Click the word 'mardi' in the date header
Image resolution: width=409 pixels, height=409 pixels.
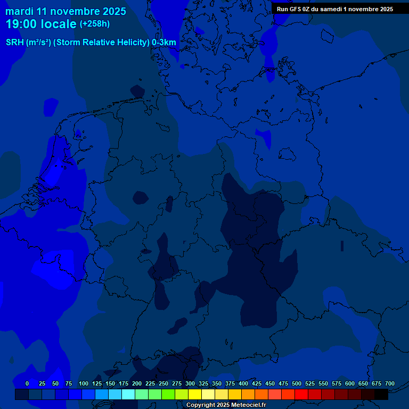pyautogui.click(x=19, y=11)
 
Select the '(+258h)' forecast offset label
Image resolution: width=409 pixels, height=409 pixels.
pyautogui.click(x=95, y=24)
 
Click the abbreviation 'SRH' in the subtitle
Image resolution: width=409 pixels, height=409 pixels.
pyautogui.click(x=15, y=43)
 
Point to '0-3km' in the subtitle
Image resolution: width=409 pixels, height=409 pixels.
pyautogui.click(x=164, y=43)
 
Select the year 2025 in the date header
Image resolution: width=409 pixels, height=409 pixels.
pyautogui.click(x=112, y=11)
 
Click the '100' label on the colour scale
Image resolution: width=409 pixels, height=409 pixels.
pyautogui.click(x=84, y=383)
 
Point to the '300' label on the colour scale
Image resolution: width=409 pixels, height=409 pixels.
pyautogui.click(x=190, y=383)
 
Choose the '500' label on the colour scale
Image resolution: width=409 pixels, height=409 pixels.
pyautogui.click(x=297, y=383)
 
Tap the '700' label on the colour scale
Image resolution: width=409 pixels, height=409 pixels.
pyautogui.click(x=389, y=383)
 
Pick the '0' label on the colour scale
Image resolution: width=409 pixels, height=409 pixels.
pyautogui.click(x=27, y=383)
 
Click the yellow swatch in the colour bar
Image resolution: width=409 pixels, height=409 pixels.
pyautogui.click(x=195, y=395)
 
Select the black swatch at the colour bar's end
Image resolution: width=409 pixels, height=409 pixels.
pyautogui.click(x=381, y=395)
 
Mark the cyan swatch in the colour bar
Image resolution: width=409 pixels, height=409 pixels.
pyautogui.click(x=128, y=395)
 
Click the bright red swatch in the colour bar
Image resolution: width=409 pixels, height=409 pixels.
pyautogui.click(x=301, y=395)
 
